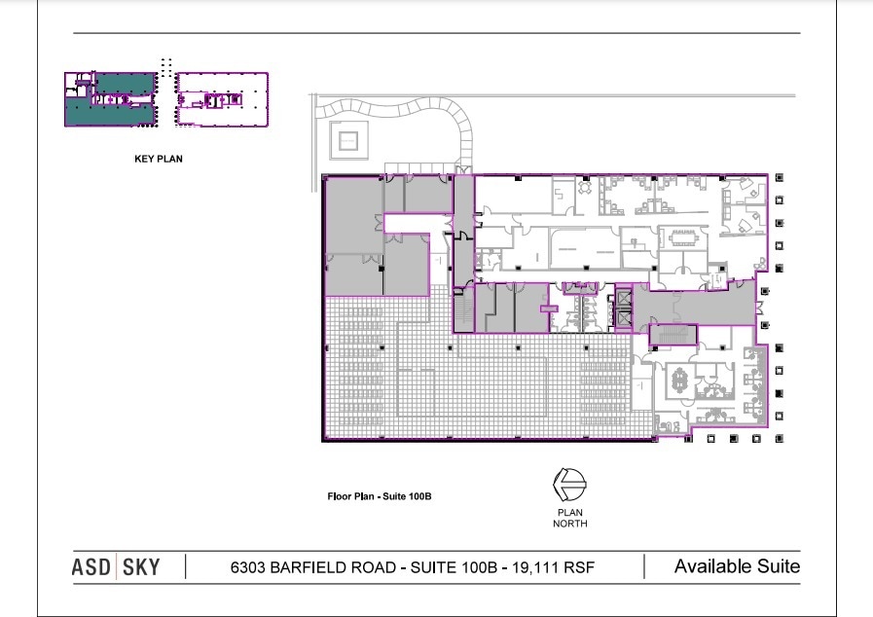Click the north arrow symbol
click(569, 485)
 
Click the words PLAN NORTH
click(569, 518)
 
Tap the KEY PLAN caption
click(159, 159)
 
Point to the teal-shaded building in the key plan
click(111, 99)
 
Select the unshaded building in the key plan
click(222, 99)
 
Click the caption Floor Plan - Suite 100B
click(380, 496)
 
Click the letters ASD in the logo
click(91, 567)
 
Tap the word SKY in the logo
click(141, 567)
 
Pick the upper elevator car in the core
click(624, 298)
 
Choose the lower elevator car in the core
click(624, 318)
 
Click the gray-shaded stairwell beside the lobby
click(673, 335)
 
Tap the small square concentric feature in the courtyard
click(348, 140)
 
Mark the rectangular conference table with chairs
click(683, 237)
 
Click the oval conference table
click(679, 381)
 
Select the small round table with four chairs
click(584, 188)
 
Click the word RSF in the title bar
click(580, 567)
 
